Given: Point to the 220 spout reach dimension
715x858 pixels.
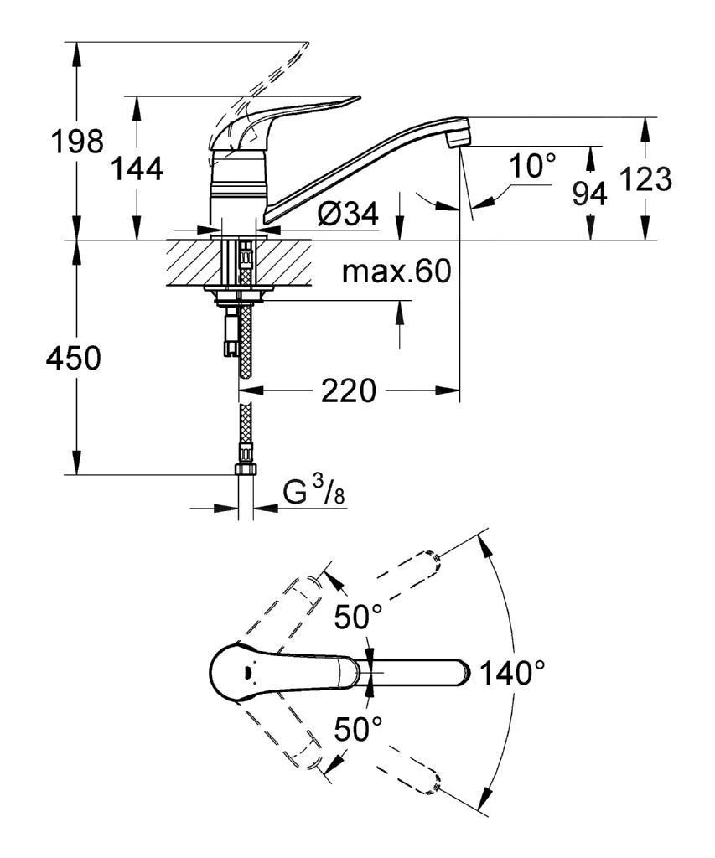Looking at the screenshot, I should [348, 390].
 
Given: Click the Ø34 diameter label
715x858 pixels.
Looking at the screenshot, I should [347, 216].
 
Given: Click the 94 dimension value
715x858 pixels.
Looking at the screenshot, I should [590, 194].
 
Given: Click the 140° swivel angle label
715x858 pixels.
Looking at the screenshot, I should [512, 672].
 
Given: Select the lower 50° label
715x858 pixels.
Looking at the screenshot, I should [359, 728].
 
